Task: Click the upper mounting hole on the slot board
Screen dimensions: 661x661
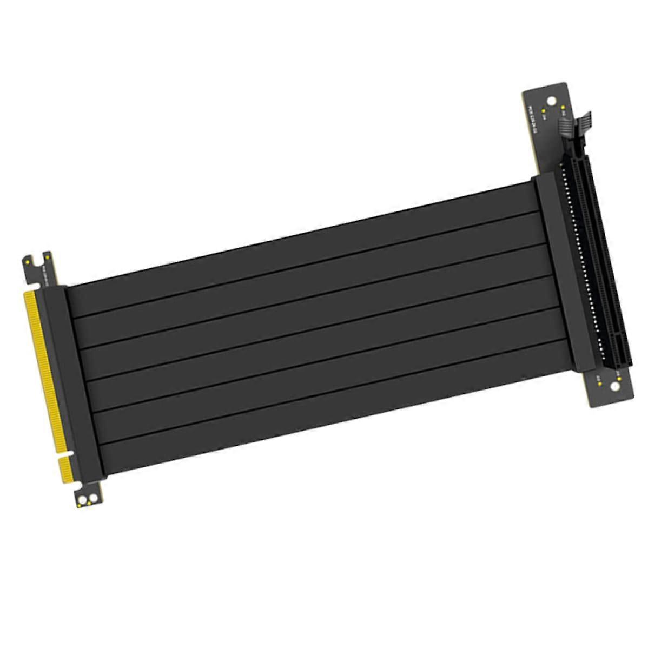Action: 551,100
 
